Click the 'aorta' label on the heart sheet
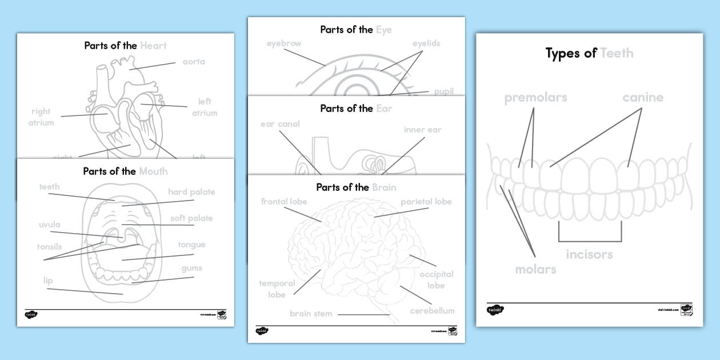(x=194, y=62)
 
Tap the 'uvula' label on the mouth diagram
(x=49, y=225)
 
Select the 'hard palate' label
(x=191, y=192)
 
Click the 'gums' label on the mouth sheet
(x=191, y=268)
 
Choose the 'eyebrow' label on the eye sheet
(x=283, y=43)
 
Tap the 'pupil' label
(x=443, y=91)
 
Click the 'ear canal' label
(x=280, y=124)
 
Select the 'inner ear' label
(x=422, y=130)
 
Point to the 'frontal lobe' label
(x=284, y=202)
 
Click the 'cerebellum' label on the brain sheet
(x=432, y=311)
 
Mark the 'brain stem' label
(x=310, y=313)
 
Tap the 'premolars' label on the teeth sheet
(x=535, y=98)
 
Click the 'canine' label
(x=643, y=97)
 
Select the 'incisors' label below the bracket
(x=589, y=254)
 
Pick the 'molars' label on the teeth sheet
(x=535, y=269)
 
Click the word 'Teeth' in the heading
(x=617, y=54)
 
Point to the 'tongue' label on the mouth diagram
(x=191, y=245)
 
